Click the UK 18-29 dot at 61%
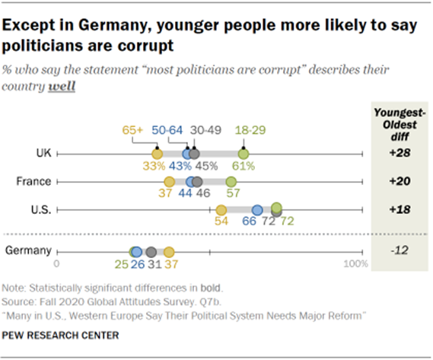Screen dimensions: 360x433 244,154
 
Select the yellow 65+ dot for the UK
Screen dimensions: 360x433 158,154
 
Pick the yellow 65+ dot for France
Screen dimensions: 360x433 170,182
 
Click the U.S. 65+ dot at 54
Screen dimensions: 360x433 221,209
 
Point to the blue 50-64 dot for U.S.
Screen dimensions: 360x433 258,209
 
